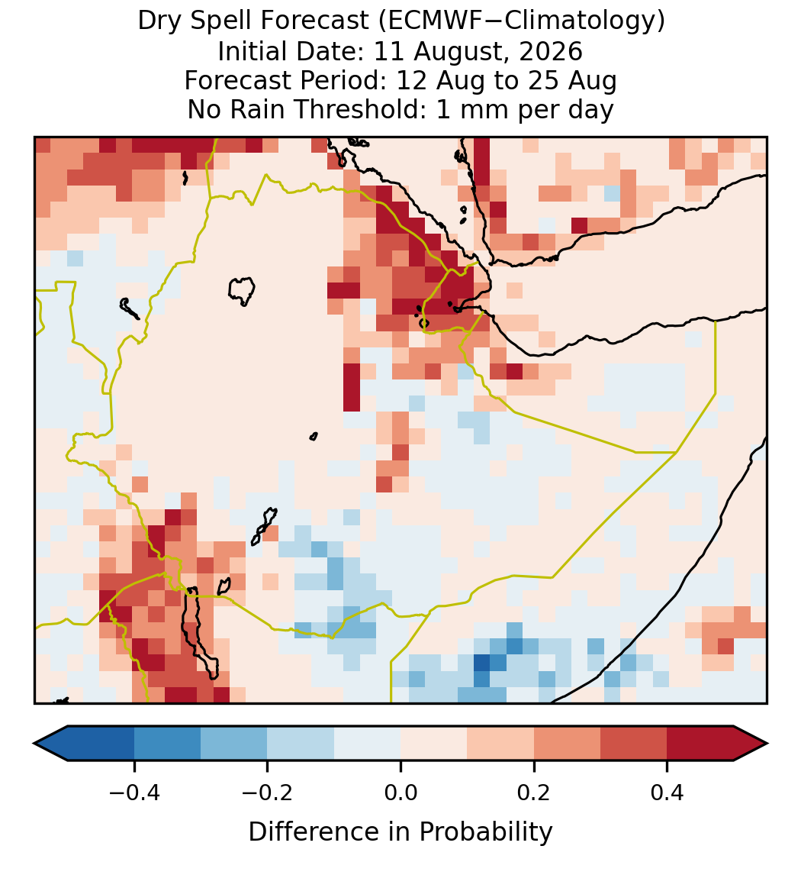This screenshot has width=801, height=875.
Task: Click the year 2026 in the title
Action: (551, 51)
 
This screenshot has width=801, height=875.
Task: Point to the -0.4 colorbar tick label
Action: (133, 793)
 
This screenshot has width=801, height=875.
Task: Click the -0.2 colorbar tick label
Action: (267, 793)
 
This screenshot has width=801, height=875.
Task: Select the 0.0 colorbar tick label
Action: (400, 793)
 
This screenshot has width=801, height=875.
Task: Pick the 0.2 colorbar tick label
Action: (534, 793)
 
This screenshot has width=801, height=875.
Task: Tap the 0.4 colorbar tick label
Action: (667, 793)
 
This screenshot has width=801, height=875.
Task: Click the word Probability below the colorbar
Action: (486, 832)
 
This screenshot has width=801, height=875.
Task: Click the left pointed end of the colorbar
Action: (34, 744)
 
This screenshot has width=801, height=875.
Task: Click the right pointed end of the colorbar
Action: (767, 744)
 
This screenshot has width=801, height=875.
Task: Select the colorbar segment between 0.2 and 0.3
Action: (567, 744)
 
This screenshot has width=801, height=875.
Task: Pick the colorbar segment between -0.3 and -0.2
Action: (233, 744)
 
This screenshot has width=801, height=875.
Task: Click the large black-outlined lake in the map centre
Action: (241, 291)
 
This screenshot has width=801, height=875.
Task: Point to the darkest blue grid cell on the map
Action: (481, 663)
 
